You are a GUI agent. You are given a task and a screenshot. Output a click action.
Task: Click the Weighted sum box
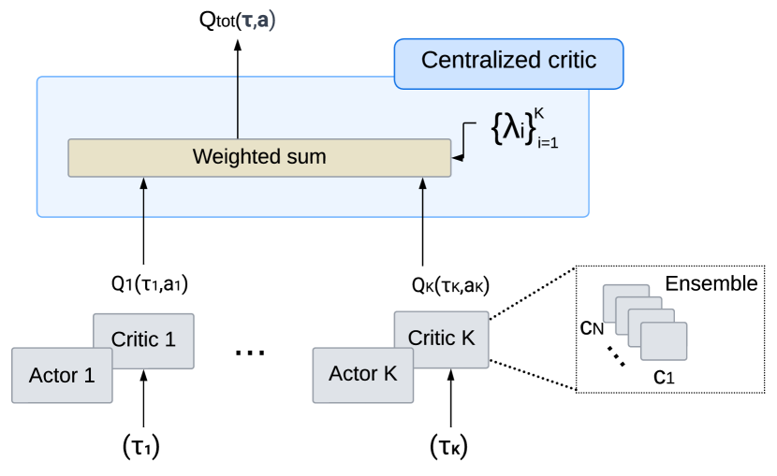pos(259,157)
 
